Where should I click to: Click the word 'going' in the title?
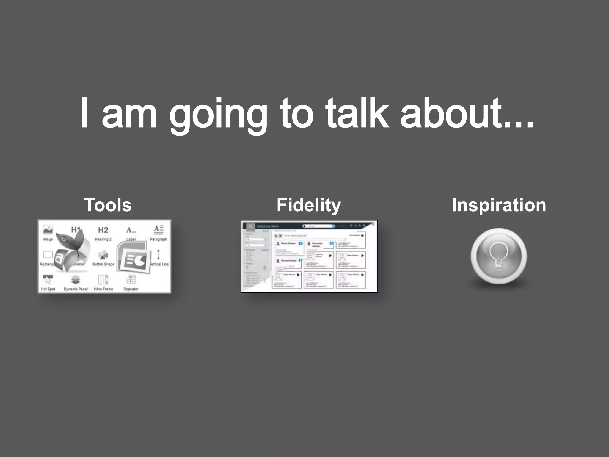(218, 115)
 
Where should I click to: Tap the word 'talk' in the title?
(357, 113)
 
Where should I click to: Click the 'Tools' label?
(108, 205)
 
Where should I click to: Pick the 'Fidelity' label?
(309, 205)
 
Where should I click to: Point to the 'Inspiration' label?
(499, 205)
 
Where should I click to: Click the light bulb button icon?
(499, 256)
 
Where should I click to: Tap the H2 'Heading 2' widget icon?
(103, 230)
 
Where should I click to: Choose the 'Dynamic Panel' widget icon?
(76, 280)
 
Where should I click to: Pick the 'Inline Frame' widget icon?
(103, 280)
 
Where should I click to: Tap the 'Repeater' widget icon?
(131, 280)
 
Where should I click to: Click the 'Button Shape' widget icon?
(103, 255)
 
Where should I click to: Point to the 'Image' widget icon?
(48, 230)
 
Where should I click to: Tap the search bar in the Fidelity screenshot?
(318, 226)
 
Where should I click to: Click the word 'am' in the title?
(129, 115)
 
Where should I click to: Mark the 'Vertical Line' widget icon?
(158, 255)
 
